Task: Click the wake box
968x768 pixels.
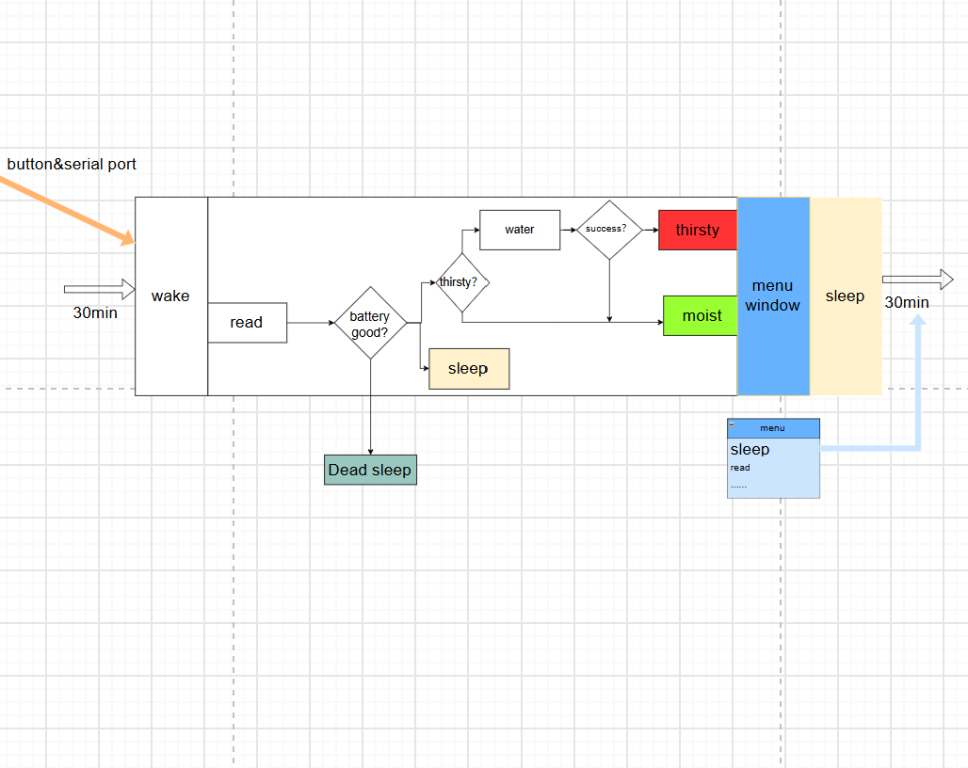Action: tap(171, 296)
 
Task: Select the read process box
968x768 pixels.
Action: tap(247, 323)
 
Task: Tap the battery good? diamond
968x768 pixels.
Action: tap(370, 323)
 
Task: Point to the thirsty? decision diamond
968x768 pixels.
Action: tap(461, 282)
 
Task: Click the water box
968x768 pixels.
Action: tap(520, 230)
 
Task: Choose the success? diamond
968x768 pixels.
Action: tap(609, 230)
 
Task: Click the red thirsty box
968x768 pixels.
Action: tap(698, 230)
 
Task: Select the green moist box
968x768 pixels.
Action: tap(700, 316)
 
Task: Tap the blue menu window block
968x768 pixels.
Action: tap(773, 296)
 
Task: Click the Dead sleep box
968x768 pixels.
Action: tap(370, 470)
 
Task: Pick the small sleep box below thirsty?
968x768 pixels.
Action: tap(469, 369)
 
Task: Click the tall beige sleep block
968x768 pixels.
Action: tap(846, 296)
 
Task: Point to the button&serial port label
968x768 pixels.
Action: tap(72, 164)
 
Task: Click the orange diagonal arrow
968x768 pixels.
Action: tap(67, 210)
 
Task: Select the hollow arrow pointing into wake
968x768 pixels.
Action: tap(100, 289)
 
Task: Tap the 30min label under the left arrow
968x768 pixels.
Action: tap(95, 312)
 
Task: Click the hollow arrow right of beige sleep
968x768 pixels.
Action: tap(918, 280)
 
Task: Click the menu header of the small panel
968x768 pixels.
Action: tap(773, 428)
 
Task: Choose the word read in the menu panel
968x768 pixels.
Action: tap(740, 468)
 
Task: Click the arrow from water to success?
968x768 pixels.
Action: tap(569, 230)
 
